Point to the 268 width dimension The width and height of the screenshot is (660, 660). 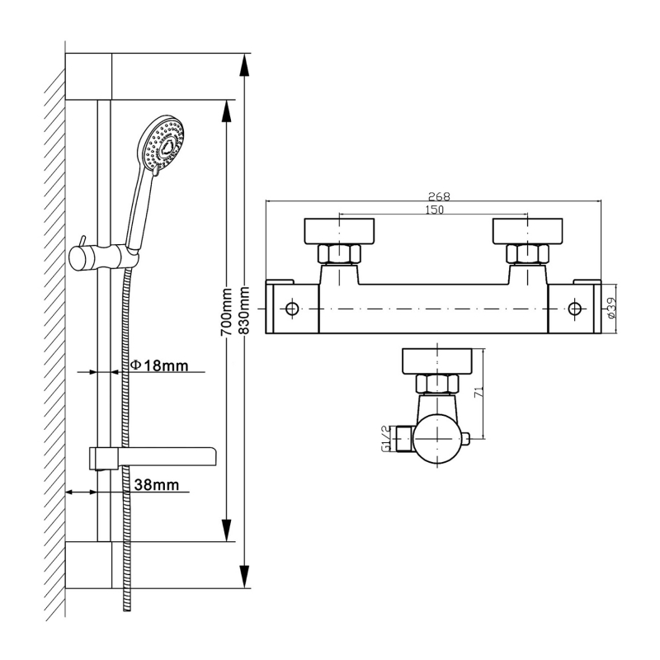tap(438, 196)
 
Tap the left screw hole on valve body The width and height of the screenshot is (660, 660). tap(291, 309)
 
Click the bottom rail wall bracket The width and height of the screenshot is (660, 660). tap(88, 565)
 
